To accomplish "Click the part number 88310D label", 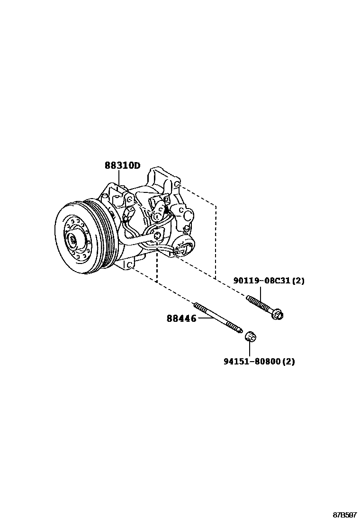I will click(122, 165).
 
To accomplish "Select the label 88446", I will click(181, 319).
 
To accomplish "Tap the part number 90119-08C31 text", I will click(261, 281).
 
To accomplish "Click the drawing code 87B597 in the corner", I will click(344, 515).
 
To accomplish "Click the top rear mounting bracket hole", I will click(176, 183).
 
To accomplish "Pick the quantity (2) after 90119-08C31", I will click(298, 281).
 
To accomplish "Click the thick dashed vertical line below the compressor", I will click(157, 270).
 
